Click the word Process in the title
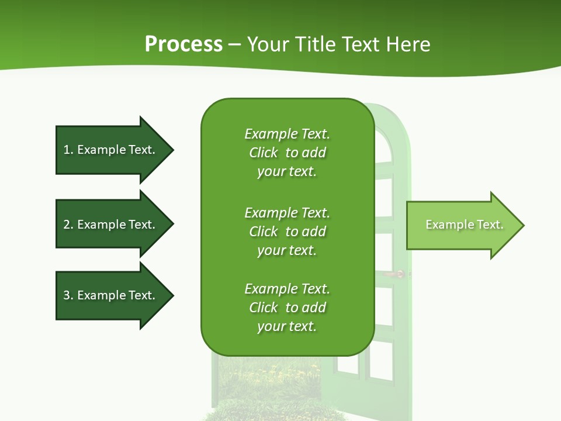pos(183,44)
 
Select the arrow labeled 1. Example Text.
pos(111,150)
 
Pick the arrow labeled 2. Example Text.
pos(111,225)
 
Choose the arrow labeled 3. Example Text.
pos(111,295)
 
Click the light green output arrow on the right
pos(462,225)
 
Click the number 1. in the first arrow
pos(68,150)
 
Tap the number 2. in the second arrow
pos(68,225)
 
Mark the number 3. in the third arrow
pos(68,295)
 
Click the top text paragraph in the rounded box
pos(287,152)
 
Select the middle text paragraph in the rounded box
pos(287,231)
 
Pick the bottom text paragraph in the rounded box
pos(287,308)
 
